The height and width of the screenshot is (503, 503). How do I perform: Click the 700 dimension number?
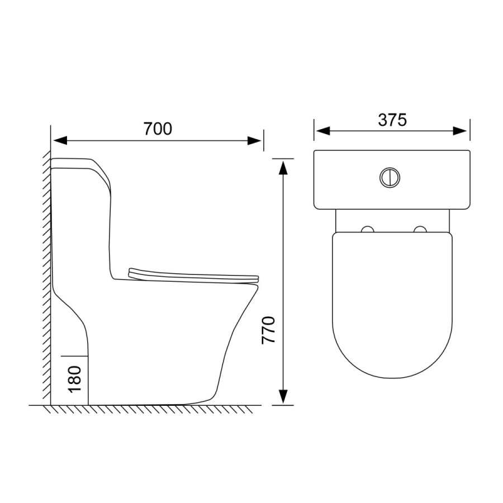[158, 129]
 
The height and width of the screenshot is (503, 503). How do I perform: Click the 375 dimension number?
[392, 120]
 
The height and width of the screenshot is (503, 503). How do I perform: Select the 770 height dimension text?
[268, 330]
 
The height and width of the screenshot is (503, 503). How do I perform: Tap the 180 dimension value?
[75, 379]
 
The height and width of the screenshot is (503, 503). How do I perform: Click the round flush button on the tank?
[390, 177]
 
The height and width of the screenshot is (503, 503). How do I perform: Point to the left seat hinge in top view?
[368, 229]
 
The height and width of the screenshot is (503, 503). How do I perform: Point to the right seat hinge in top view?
[420, 229]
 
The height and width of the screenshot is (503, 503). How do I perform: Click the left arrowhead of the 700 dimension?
[60, 140]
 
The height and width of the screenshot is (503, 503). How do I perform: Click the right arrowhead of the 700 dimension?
[254, 140]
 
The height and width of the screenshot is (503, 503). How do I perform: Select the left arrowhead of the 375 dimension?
[322, 131]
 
